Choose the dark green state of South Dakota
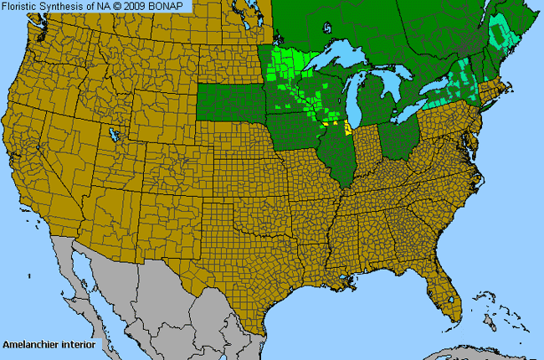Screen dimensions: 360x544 coord(230,105)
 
